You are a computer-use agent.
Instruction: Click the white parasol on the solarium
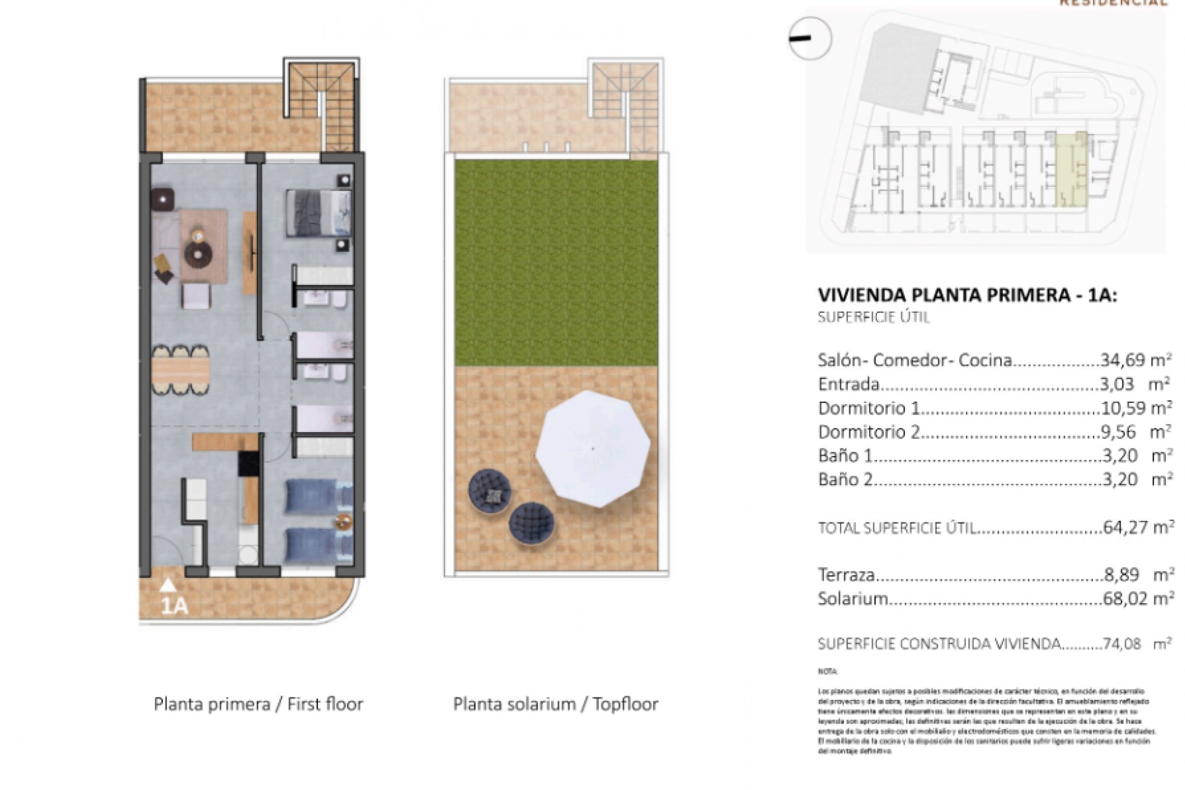[592, 449]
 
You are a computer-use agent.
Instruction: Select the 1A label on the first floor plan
[173, 606]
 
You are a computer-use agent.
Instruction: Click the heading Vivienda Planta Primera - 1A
[967, 295]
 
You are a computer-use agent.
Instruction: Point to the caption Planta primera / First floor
[258, 704]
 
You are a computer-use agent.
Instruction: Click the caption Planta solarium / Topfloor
[555, 704]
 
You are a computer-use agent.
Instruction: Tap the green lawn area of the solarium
[555, 262]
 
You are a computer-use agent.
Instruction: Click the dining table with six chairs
[180, 370]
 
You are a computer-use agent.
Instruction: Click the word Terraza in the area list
[846, 575]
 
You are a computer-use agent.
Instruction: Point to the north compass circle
[810, 38]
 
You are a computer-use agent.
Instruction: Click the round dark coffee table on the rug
[198, 253]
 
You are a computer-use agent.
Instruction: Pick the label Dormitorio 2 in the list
[868, 432]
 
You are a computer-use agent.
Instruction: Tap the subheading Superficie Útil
[873, 318]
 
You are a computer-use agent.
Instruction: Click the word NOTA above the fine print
[828, 671]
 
